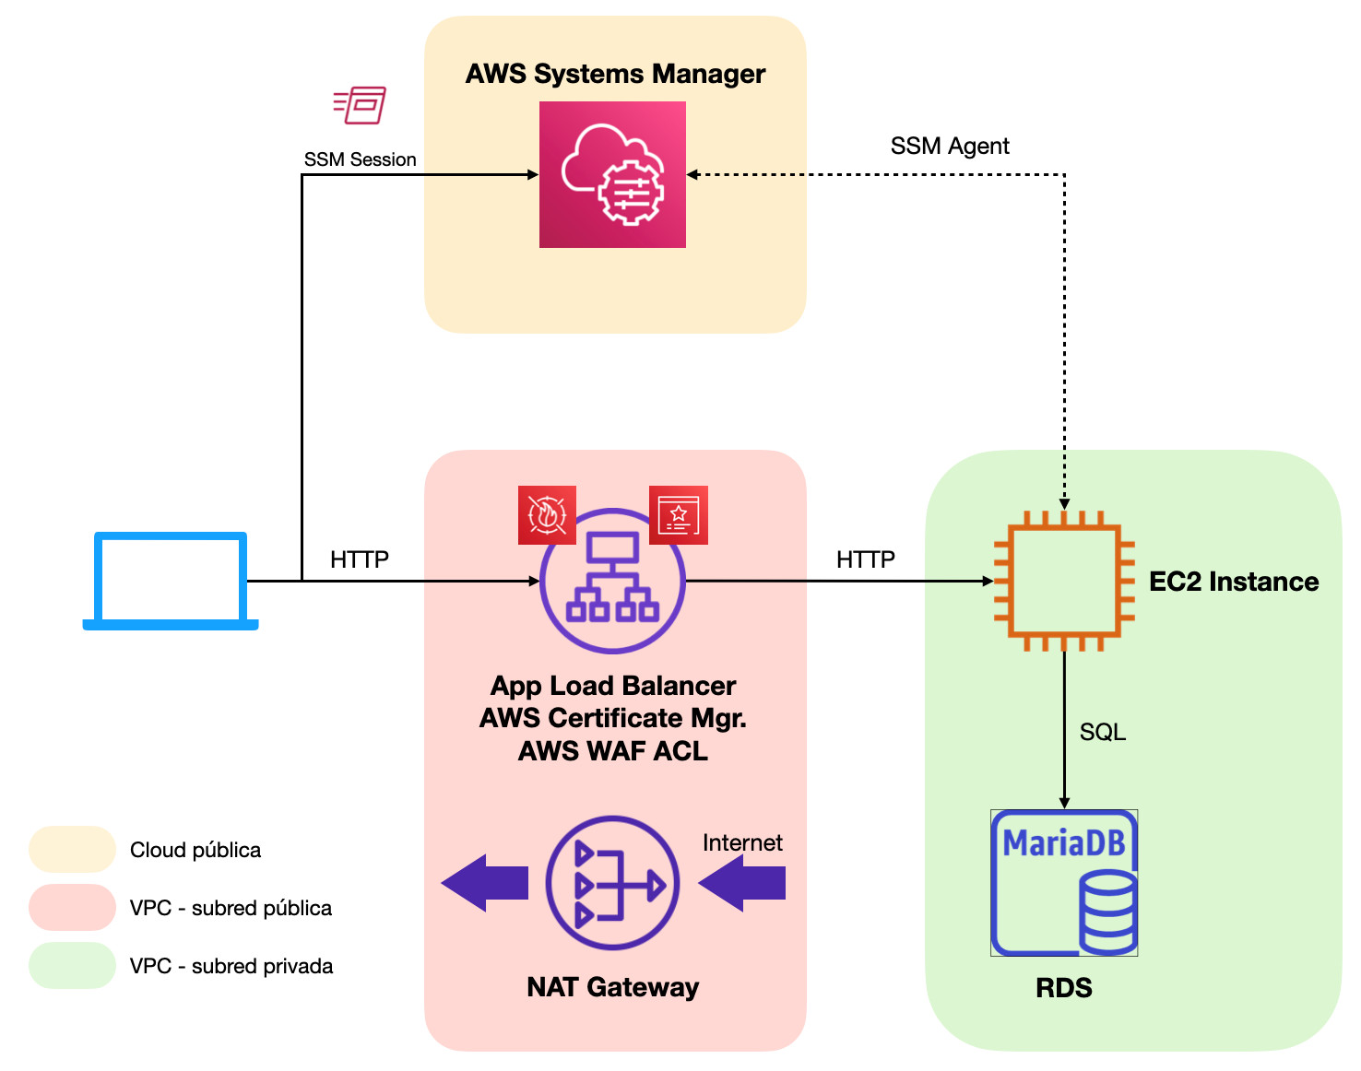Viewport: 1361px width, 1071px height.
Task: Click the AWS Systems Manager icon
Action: [x=612, y=174]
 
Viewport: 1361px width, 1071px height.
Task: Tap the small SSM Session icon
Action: [x=360, y=105]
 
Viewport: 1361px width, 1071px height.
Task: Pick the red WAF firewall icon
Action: [x=547, y=515]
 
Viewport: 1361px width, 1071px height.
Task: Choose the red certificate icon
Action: [x=679, y=515]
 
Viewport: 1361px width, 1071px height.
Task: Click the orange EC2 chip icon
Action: [x=1064, y=581]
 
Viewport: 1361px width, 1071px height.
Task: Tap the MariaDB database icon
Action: [x=1064, y=882]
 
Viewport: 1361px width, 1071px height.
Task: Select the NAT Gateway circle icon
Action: [x=612, y=883]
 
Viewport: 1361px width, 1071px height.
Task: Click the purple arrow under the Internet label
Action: [x=742, y=883]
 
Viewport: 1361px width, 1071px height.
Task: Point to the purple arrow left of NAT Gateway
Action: [x=485, y=883]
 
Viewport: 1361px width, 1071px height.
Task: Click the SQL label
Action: [x=1103, y=732]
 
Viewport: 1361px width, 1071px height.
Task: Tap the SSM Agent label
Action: [x=950, y=146]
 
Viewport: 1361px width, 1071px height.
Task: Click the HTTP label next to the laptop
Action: [x=360, y=559]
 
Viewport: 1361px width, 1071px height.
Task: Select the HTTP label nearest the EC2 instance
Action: [x=866, y=559]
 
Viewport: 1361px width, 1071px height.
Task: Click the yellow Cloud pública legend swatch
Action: [x=72, y=849]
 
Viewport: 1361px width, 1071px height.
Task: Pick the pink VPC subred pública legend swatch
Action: [x=72, y=907]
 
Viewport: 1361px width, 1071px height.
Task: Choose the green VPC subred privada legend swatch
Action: [x=72, y=965]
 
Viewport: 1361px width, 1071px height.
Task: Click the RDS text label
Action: [x=1064, y=987]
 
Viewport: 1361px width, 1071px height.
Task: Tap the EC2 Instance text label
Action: [x=1234, y=582]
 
